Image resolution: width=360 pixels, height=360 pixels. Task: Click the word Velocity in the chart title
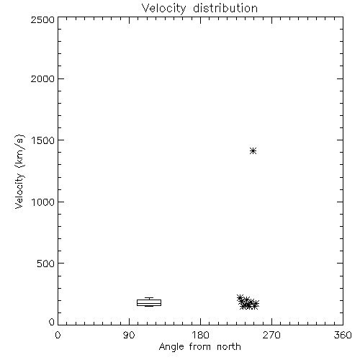point(164,9)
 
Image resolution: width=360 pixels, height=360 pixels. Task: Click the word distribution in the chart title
point(225,8)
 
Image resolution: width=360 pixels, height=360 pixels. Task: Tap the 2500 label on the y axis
point(42,19)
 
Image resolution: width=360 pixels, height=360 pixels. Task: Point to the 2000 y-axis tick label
point(42,78)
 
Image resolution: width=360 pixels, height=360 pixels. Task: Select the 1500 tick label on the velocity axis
point(43,140)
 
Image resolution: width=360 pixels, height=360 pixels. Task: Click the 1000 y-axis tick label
point(43,202)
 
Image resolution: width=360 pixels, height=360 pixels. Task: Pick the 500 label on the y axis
point(46,264)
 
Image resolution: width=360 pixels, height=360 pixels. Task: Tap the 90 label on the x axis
point(129,335)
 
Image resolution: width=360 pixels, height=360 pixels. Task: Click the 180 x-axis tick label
point(200,335)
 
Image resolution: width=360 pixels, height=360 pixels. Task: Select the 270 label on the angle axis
point(271,335)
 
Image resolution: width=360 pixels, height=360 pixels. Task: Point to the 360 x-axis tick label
point(343,335)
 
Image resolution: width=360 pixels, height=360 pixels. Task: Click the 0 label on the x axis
point(58,335)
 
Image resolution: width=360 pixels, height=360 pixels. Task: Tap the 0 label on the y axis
point(52,322)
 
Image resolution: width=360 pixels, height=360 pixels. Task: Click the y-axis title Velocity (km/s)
point(19,171)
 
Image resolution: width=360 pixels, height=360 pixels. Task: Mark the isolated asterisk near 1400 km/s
point(253,151)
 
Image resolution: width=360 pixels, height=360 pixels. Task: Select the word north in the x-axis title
point(229,347)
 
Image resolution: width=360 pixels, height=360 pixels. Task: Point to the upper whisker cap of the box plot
point(149,298)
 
